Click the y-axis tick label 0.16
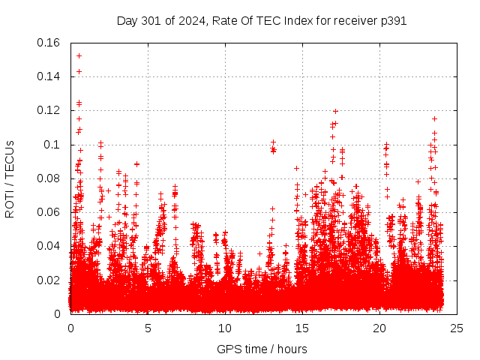[49, 43]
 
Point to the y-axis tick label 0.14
[49, 76]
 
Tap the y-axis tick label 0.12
[49, 110]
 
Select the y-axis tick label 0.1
[52, 145]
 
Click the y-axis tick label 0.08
[49, 178]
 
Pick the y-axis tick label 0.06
[49, 212]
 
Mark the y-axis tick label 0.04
[49, 246]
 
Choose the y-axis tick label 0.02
[49, 280]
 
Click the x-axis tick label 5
[148, 328]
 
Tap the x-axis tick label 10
[225, 328]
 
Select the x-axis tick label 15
[302, 328]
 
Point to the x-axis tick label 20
[379, 328]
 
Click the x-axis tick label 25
[456, 328]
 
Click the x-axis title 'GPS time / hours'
[262, 349]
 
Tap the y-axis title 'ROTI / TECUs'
[10, 178]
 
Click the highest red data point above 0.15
[79, 55]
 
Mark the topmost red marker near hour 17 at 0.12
[335, 111]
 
